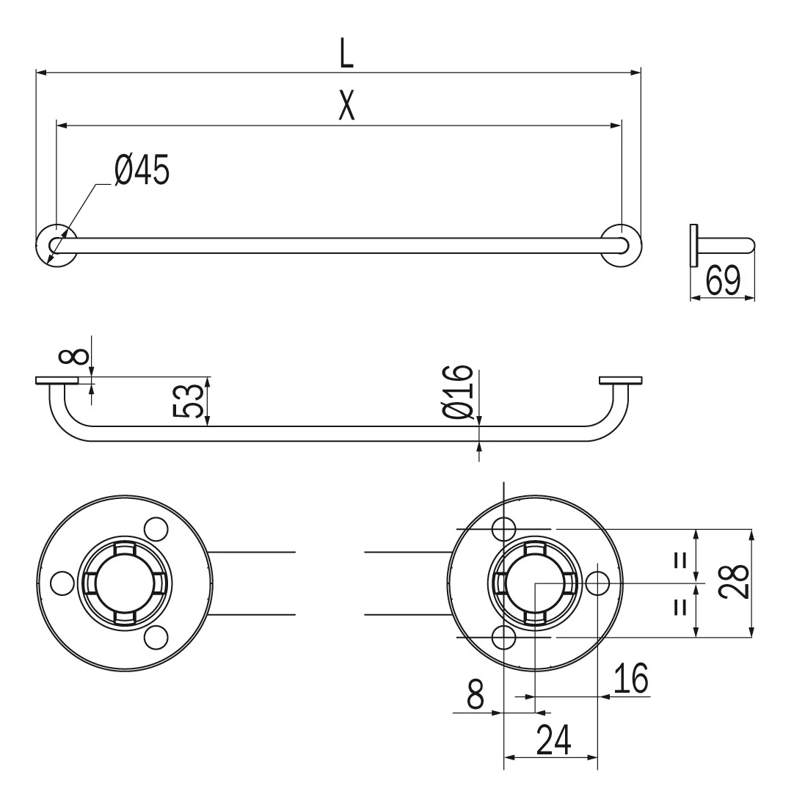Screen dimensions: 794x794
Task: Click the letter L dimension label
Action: point(346,53)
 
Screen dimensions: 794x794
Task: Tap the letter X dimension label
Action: point(347,106)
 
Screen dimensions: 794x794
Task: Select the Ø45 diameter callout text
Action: point(142,170)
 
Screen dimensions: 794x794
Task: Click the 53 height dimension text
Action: point(189,401)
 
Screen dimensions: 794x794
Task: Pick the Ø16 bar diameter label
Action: point(458,392)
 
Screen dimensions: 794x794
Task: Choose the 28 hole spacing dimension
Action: point(735,582)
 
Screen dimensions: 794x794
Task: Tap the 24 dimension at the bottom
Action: point(553,739)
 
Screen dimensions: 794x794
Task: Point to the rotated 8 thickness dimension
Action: point(74,356)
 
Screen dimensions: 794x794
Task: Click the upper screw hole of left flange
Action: point(156,529)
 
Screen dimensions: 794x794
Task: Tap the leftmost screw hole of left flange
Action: point(63,583)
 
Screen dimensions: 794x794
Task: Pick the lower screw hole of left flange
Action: point(156,638)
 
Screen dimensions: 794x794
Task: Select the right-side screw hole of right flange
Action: point(597,583)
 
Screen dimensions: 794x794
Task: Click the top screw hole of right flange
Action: point(504,529)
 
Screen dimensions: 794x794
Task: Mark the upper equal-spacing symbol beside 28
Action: point(681,560)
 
